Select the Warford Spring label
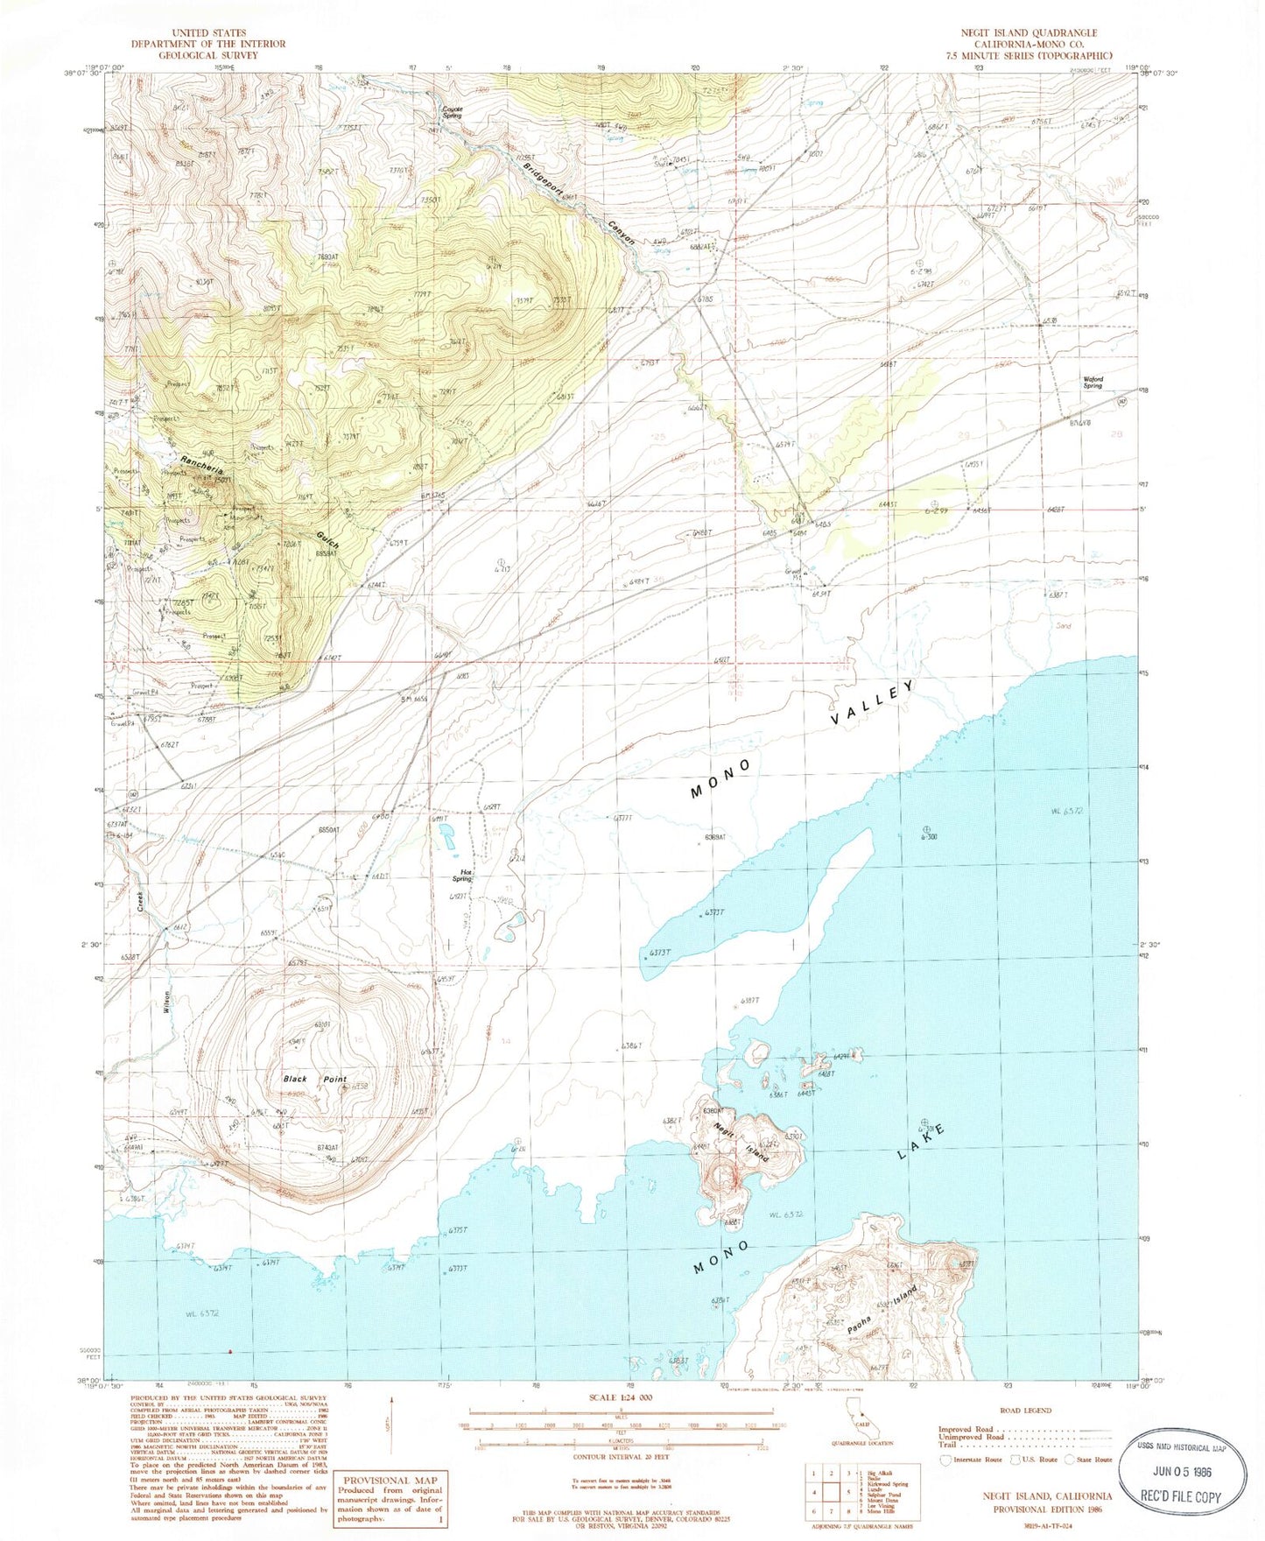(1093, 383)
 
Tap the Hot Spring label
(461, 875)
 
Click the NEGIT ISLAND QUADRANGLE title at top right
(1029, 32)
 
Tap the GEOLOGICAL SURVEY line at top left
(208, 54)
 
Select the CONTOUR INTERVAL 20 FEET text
(620, 1455)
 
